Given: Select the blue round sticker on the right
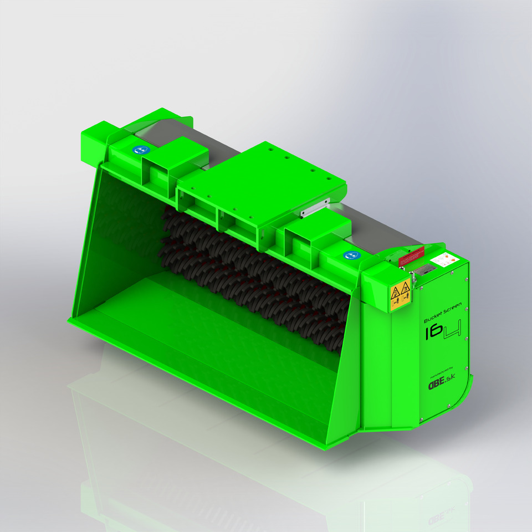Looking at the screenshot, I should pos(351,255).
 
